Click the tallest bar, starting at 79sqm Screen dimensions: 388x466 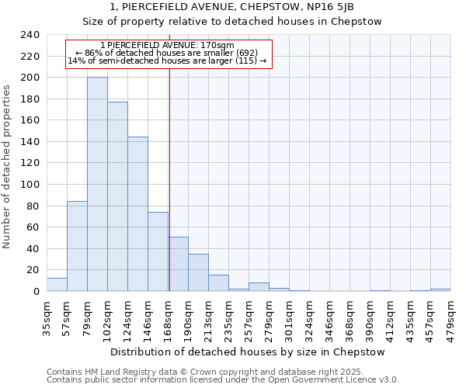point(97,185)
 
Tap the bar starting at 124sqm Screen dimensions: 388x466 point(137,214)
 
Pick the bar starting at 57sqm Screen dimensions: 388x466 point(77,246)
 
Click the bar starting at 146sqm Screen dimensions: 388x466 point(158,251)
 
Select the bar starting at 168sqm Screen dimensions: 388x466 point(178,264)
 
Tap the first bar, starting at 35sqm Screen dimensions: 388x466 point(57,285)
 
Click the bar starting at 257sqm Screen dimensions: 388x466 point(259,287)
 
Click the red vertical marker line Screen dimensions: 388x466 point(169,178)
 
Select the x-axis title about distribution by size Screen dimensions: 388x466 point(248,352)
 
